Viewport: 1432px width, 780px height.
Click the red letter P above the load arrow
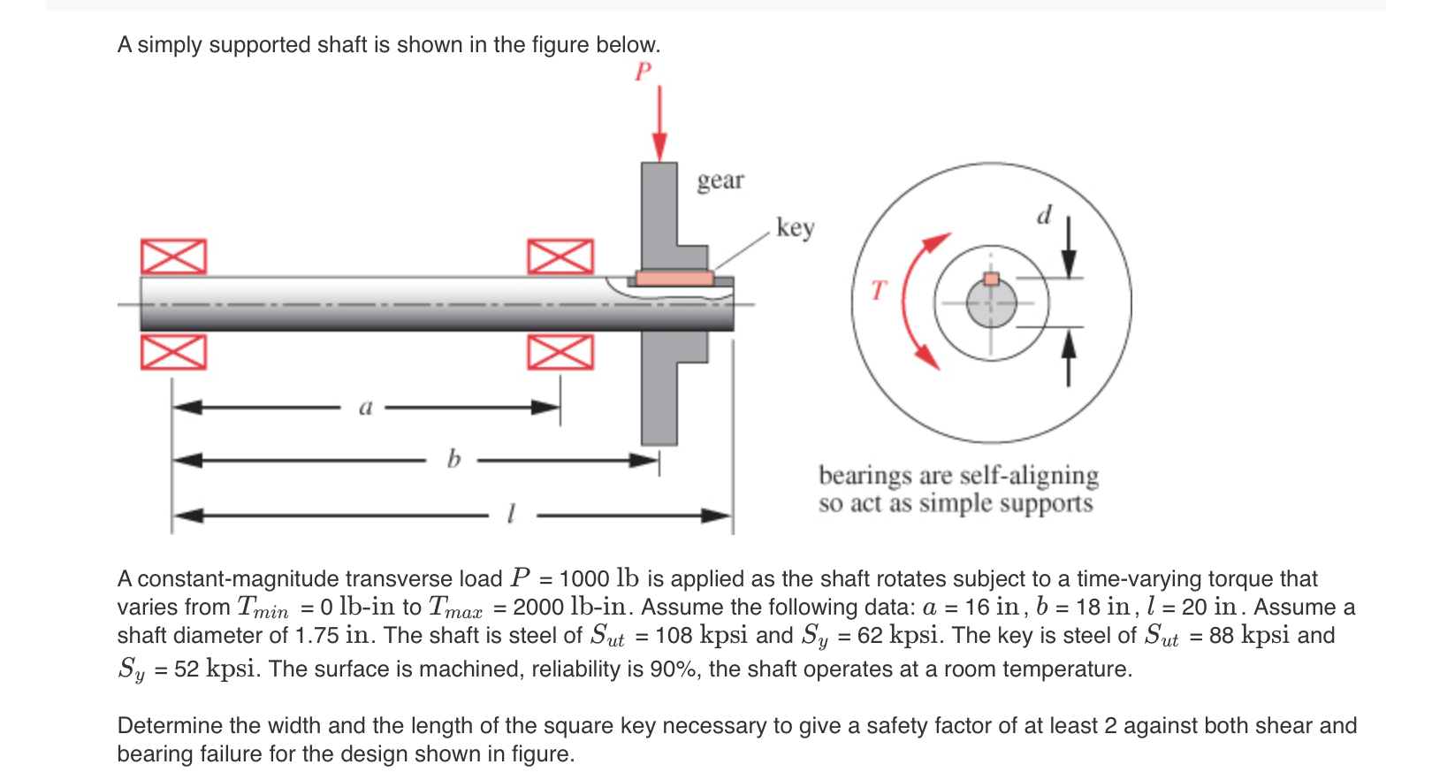point(643,72)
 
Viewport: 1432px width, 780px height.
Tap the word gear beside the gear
point(720,180)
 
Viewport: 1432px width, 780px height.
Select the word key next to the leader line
point(795,227)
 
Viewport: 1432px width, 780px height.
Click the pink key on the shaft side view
point(674,278)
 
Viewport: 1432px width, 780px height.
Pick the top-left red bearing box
point(173,256)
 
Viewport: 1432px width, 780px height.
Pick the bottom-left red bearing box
point(173,352)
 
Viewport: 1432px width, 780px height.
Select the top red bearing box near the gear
point(560,256)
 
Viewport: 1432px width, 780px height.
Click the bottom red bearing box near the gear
point(560,352)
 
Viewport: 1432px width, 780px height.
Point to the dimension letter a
point(365,408)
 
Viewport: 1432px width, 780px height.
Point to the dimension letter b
point(453,459)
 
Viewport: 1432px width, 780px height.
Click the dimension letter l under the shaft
point(511,514)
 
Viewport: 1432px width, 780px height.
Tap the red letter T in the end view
point(877,290)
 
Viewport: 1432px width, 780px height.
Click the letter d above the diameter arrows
point(1044,215)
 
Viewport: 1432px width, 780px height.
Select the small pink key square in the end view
point(992,279)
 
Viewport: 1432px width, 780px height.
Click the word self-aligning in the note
point(1029,476)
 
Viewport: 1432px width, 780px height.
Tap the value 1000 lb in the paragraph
point(598,578)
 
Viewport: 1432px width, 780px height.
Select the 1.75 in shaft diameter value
point(332,635)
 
